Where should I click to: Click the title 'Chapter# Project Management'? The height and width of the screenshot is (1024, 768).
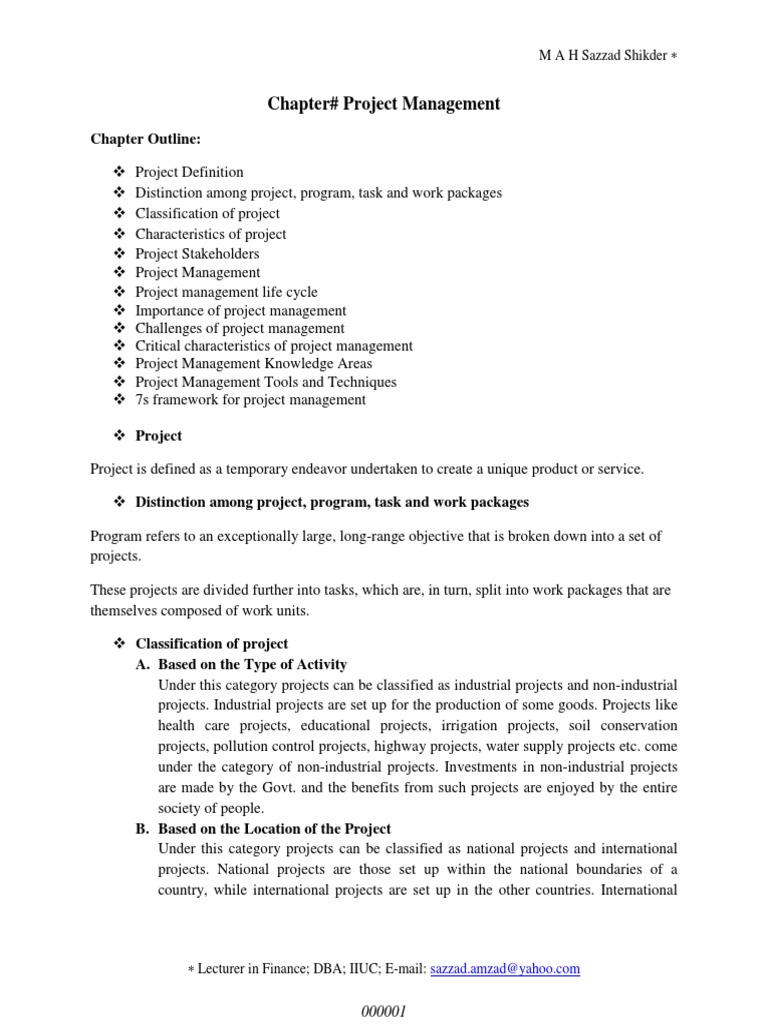383,104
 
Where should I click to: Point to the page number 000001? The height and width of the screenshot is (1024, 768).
383,1011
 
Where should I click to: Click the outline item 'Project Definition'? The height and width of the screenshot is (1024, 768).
189,172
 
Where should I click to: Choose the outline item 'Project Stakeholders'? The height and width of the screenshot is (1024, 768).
197,254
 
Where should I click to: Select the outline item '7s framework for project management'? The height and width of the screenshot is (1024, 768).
250,400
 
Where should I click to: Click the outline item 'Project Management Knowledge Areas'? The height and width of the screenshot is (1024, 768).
253,364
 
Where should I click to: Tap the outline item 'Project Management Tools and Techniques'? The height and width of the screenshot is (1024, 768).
266,382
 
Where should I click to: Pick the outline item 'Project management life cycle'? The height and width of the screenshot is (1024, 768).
226,292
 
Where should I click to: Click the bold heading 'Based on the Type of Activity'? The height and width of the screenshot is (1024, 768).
253,664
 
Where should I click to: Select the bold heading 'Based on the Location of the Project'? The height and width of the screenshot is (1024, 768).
275,829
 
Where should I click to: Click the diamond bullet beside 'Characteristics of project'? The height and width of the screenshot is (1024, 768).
117,234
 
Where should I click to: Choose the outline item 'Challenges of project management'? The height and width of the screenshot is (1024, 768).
240,328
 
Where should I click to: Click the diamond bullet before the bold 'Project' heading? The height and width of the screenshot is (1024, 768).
117,436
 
